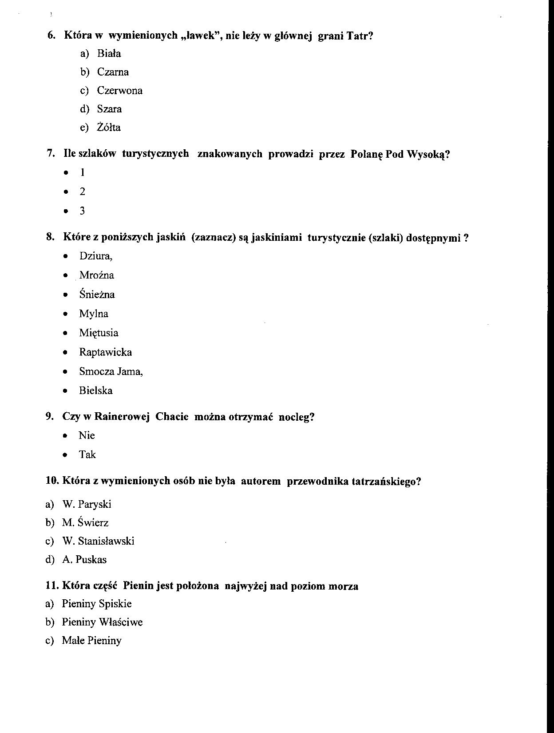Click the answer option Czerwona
119,91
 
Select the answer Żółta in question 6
109,127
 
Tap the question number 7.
51,154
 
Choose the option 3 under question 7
82,211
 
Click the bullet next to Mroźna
66,276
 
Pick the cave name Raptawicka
105,352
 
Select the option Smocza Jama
111,371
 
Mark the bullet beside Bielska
66,391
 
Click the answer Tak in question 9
87,454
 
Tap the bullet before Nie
65,436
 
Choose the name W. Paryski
87,504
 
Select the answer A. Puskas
84,560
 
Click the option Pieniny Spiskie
97,604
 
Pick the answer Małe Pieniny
91,641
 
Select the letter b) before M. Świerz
50,523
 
